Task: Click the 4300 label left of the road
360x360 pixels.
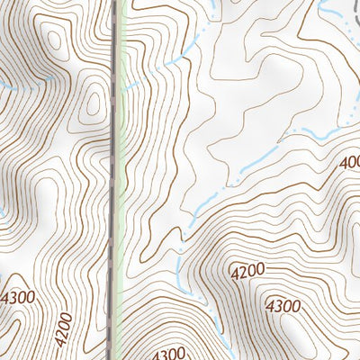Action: pyautogui.click(x=19, y=298)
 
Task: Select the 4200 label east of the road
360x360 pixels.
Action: pyautogui.click(x=249, y=270)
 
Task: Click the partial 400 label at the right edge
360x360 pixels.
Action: pyautogui.click(x=349, y=163)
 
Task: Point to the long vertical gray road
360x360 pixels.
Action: pyautogui.click(x=117, y=180)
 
